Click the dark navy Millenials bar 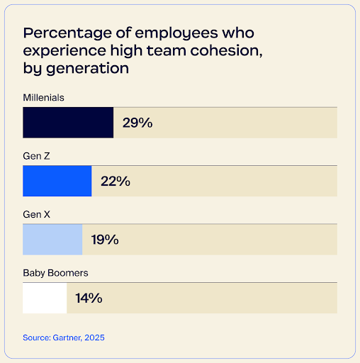pos(68,123)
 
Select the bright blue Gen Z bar pos(57,181)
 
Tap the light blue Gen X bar pos(52,240)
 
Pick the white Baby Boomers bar pos(45,298)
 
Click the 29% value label pos(137,123)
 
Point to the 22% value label pos(116,181)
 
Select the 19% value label pos(105,240)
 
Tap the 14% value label pos(89,298)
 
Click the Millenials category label pos(43,96)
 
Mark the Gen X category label pos(36,213)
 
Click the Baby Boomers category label pos(55,272)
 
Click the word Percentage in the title pos(67,33)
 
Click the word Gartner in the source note pos(67,337)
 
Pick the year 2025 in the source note pos(94,337)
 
